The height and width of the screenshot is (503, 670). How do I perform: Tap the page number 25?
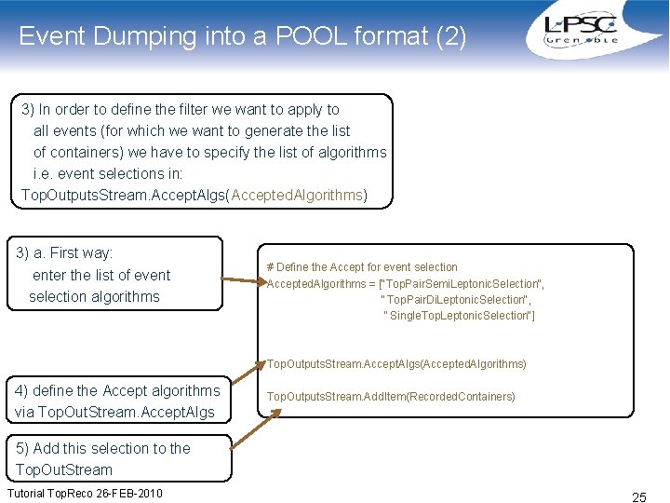click(639, 496)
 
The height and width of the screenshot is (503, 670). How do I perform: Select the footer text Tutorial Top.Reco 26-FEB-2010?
click(85, 493)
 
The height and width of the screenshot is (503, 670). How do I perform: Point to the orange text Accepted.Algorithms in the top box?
click(298, 195)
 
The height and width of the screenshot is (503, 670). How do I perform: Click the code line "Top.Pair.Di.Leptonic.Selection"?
click(456, 299)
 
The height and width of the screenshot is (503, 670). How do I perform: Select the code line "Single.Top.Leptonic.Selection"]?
click(459, 316)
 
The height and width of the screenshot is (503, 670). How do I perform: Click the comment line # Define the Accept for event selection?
click(362, 266)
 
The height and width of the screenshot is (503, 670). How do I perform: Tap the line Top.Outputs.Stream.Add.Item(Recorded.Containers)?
click(390, 397)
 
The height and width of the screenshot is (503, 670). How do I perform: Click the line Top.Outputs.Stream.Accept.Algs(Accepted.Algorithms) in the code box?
click(396, 364)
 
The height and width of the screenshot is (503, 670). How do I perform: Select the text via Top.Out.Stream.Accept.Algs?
click(114, 412)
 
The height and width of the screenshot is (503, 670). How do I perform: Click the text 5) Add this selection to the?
click(103, 448)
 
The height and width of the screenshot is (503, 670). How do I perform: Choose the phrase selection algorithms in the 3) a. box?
click(94, 296)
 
